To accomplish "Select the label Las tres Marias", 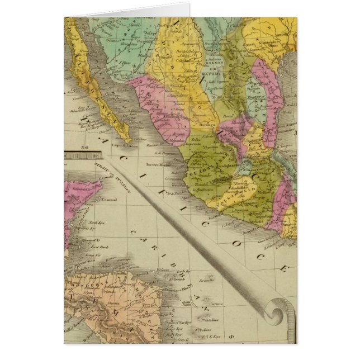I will click(x=157, y=165).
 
